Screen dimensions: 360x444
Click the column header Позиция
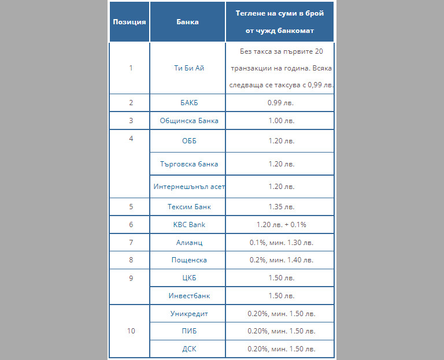point(129,22)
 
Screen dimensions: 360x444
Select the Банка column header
point(187,22)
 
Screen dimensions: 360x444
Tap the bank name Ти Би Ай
point(189,68)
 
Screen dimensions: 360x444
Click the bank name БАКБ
point(189,103)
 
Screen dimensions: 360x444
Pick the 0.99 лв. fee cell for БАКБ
point(282,103)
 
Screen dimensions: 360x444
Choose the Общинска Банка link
point(189,121)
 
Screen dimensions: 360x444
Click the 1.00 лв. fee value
point(282,121)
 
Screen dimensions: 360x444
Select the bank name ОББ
point(189,141)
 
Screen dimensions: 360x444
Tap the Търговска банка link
point(189,164)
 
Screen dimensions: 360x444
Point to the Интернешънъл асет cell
point(189,187)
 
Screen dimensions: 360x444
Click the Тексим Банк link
point(189,207)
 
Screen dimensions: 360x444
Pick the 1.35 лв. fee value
point(282,207)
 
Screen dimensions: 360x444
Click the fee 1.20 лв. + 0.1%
point(282,225)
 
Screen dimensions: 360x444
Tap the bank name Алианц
point(189,243)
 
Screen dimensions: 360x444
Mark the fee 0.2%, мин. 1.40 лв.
point(282,260)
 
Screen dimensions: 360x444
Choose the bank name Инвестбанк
point(189,296)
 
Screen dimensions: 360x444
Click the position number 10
point(131,332)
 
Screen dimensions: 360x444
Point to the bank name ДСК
point(189,349)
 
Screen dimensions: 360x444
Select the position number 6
point(131,225)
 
